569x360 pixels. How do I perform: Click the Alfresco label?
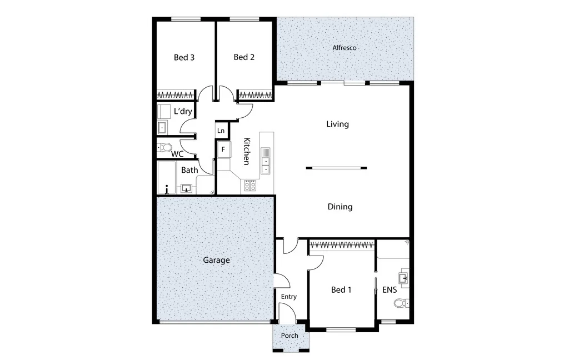click(345, 48)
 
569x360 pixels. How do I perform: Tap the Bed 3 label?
click(184, 57)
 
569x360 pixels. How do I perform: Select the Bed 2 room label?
click(244, 57)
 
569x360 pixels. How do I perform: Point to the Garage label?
click(216, 260)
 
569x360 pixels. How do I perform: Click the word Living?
click(337, 124)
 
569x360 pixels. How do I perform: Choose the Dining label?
click(340, 207)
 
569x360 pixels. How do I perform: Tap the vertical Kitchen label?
click(247, 151)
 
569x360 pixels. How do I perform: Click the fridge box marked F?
click(224, 149)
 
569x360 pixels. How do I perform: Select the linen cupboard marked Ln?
click(221, 131)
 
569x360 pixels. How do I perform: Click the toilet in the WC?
click(164, 148)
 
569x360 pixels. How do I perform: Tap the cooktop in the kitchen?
click(250, 186)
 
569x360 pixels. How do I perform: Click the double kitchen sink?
click(266, 162)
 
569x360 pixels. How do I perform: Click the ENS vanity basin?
click(403, 277)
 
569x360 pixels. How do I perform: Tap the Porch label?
click(290, 336)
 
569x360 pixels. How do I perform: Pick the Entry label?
click(288, 297)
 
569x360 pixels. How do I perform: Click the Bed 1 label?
click(341, 289)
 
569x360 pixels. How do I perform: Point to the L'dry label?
click(183, 111)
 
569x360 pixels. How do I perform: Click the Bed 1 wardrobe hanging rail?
click(342, 244)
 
